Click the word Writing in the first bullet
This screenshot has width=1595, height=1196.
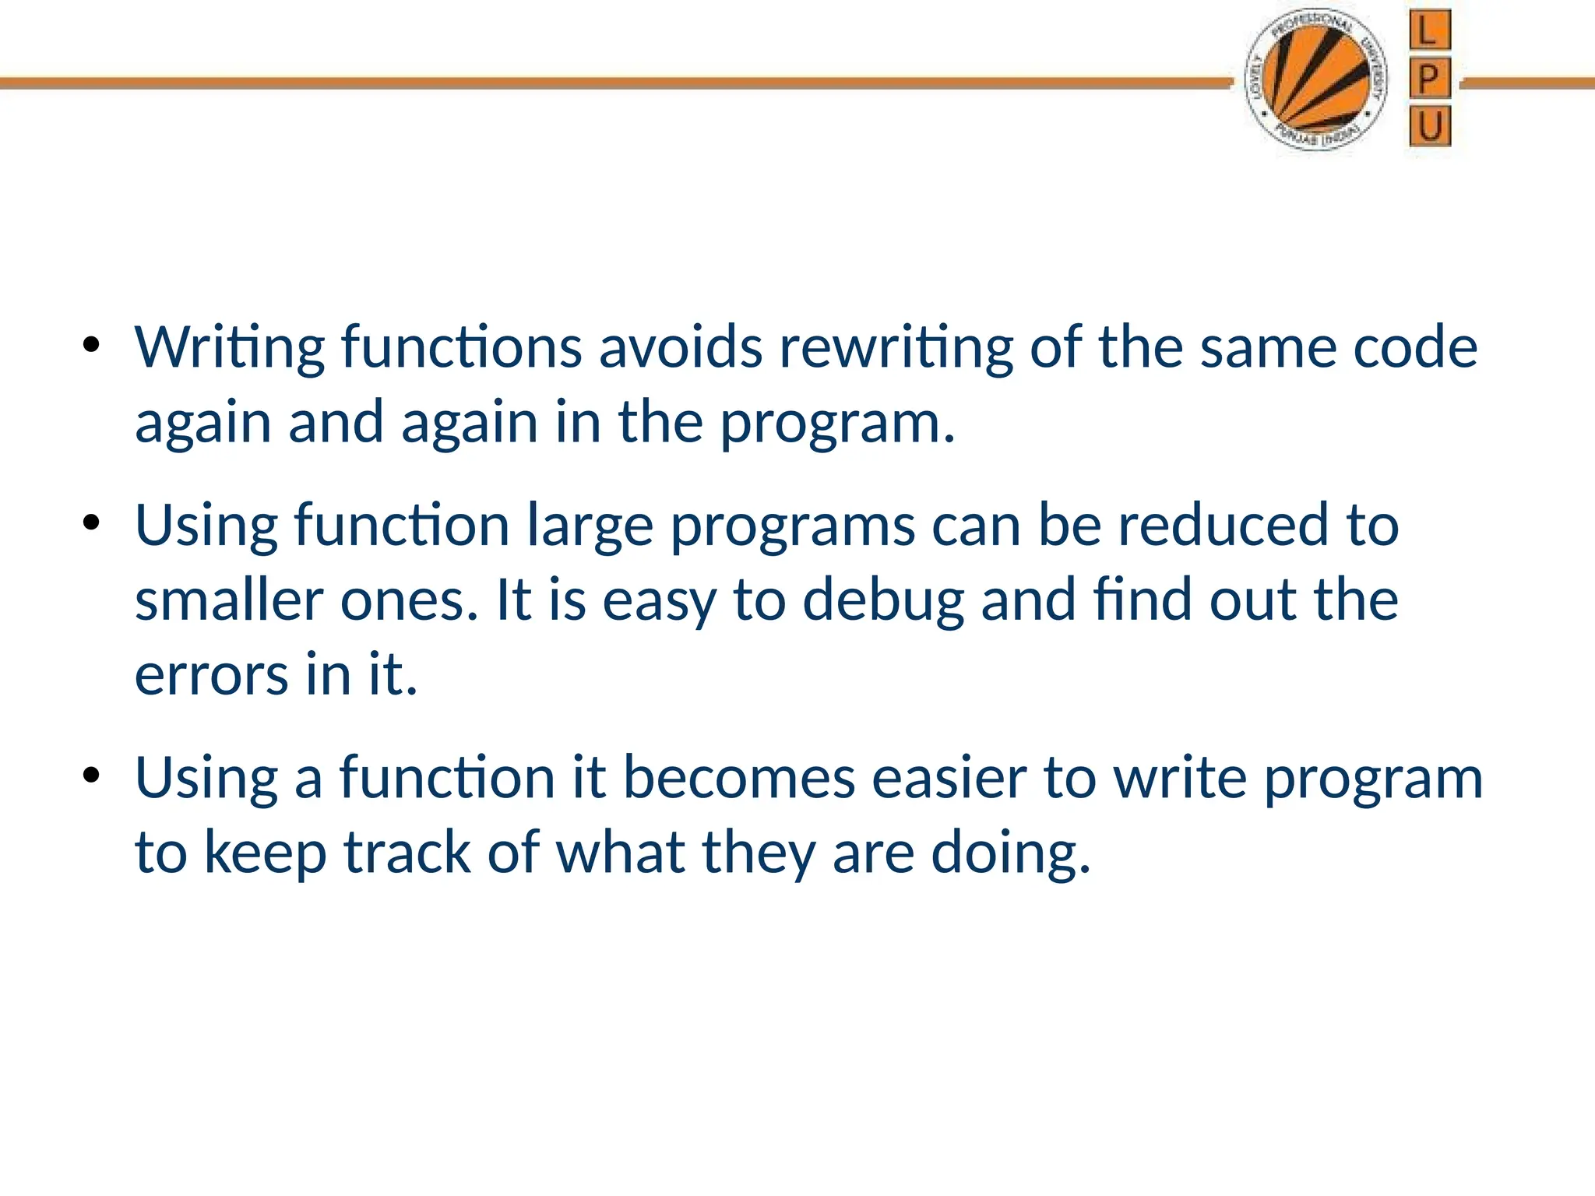[229, 348]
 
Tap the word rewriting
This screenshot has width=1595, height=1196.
[896, 348]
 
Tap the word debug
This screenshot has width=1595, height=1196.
[883, 602]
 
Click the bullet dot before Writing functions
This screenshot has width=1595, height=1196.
[92, 345]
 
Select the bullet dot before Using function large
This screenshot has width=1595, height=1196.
[92, 523]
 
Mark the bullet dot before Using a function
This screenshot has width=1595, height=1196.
[92, 776]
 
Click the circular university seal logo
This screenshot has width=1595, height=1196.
[1316, 81]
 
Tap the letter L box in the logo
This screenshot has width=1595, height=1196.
[1429, 30]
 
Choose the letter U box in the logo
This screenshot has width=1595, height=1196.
[1430, 126]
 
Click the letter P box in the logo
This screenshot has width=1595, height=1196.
[1429, 78]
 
